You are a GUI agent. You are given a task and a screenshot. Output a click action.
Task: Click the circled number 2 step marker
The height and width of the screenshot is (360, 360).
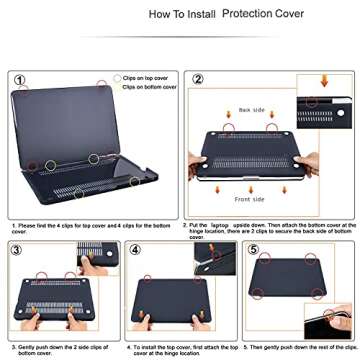coord(198,79)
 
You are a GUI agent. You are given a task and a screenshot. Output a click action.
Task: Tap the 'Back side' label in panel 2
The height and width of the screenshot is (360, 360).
coord(251,110)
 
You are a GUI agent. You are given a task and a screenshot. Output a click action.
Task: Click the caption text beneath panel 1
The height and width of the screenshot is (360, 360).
coord(90,228)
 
